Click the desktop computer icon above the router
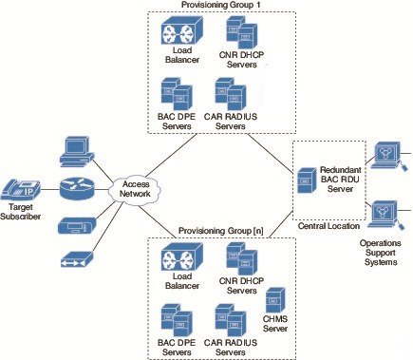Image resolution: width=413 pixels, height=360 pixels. (76, 148)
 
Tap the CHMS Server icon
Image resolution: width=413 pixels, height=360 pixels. (275, 300)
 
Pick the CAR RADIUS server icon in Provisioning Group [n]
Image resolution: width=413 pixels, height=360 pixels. (232, 319)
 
